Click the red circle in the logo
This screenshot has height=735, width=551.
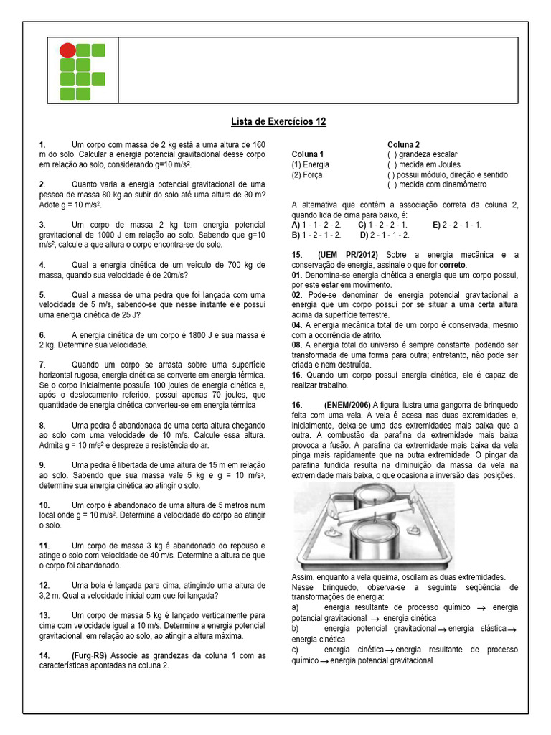click(67, 50)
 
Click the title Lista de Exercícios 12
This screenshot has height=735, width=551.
click(278, 122)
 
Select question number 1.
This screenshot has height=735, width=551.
click(42, 145)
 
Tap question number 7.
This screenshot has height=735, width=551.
click(42, 365)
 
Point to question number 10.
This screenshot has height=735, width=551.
click(44, 505)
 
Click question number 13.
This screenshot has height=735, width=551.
click(44, 616)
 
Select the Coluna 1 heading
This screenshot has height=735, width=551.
click(308, 154)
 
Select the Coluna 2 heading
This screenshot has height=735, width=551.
click(404, 144)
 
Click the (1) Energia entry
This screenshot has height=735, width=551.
click(311, 164)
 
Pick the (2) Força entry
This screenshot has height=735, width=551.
click(307, 174)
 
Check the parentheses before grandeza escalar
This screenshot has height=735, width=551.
click(392, 154)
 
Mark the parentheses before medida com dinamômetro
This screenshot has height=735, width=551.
click(392, 184)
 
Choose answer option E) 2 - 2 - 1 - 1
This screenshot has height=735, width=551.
click(458, 224)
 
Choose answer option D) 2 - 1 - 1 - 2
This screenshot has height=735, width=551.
click(385, 234)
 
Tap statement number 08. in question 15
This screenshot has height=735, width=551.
click(297, 345)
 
